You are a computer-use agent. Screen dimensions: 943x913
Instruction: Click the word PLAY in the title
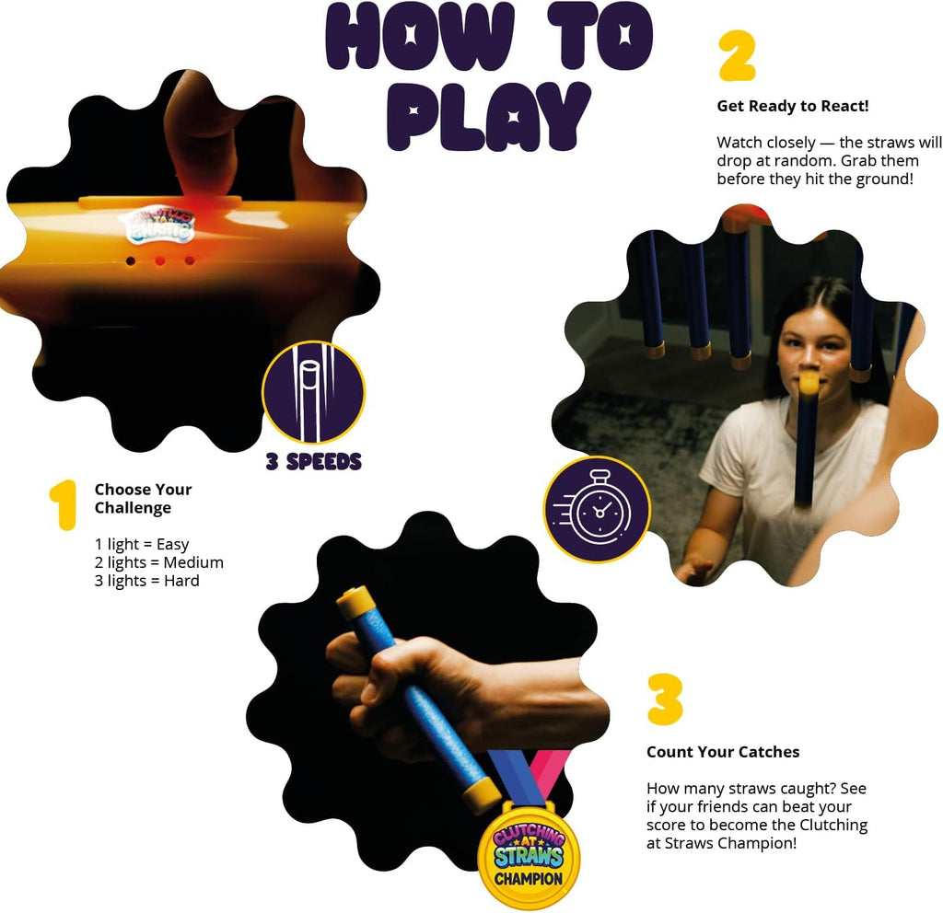[488, 117]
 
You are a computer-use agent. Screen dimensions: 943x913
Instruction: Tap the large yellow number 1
[64, 505]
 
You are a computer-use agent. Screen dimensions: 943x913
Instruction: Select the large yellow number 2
[737, 56]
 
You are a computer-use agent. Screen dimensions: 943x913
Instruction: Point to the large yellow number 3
[665, 699]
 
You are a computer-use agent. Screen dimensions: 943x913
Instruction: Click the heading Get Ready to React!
[793, 107]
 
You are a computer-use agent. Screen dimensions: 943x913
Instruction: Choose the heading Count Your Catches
[723, 752]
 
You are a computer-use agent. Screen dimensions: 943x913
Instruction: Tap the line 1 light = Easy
[142, 545]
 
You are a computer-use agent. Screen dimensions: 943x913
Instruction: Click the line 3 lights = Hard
[146, 581]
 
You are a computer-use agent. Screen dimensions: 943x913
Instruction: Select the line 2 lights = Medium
[158, 562]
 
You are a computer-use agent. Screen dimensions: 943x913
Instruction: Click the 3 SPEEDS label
[314, 462]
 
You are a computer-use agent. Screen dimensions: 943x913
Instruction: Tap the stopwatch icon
[597, 510]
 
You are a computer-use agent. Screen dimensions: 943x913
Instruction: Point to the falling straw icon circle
[313, 392]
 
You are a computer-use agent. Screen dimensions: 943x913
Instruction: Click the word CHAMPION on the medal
[529, 879]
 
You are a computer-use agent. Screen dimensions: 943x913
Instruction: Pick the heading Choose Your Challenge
[143, 498]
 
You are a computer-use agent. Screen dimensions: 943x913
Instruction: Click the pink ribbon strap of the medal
[547, 775]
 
